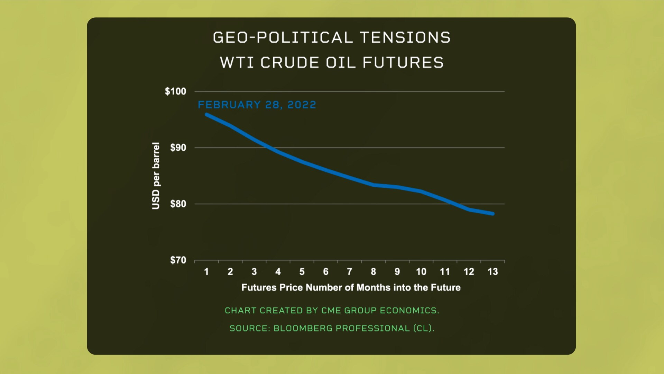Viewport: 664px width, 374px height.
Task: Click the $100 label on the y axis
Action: point(175,91)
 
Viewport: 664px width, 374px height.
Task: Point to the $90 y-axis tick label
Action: point(178,148)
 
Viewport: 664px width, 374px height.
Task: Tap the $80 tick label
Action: point(178,204)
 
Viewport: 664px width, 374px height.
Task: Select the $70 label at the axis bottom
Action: point(178,260)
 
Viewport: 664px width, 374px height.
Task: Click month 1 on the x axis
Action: point(206,272)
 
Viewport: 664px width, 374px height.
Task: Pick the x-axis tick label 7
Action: point(350,272)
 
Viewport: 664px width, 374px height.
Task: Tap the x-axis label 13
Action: point(492,272)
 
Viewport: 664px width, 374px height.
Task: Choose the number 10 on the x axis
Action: point(421,272)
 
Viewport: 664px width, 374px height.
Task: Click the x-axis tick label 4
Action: point(278,272)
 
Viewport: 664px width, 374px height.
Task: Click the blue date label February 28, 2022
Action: point(257,105)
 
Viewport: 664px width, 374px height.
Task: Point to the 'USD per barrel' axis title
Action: point(156,176)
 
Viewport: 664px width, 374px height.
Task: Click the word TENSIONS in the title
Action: point(405,38)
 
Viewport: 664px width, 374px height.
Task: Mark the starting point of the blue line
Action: point(207,115)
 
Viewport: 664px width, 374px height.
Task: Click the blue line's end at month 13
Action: point(492,214)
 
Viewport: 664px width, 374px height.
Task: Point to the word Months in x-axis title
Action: point(374,288)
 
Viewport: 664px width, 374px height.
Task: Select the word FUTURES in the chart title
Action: point(403,63)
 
